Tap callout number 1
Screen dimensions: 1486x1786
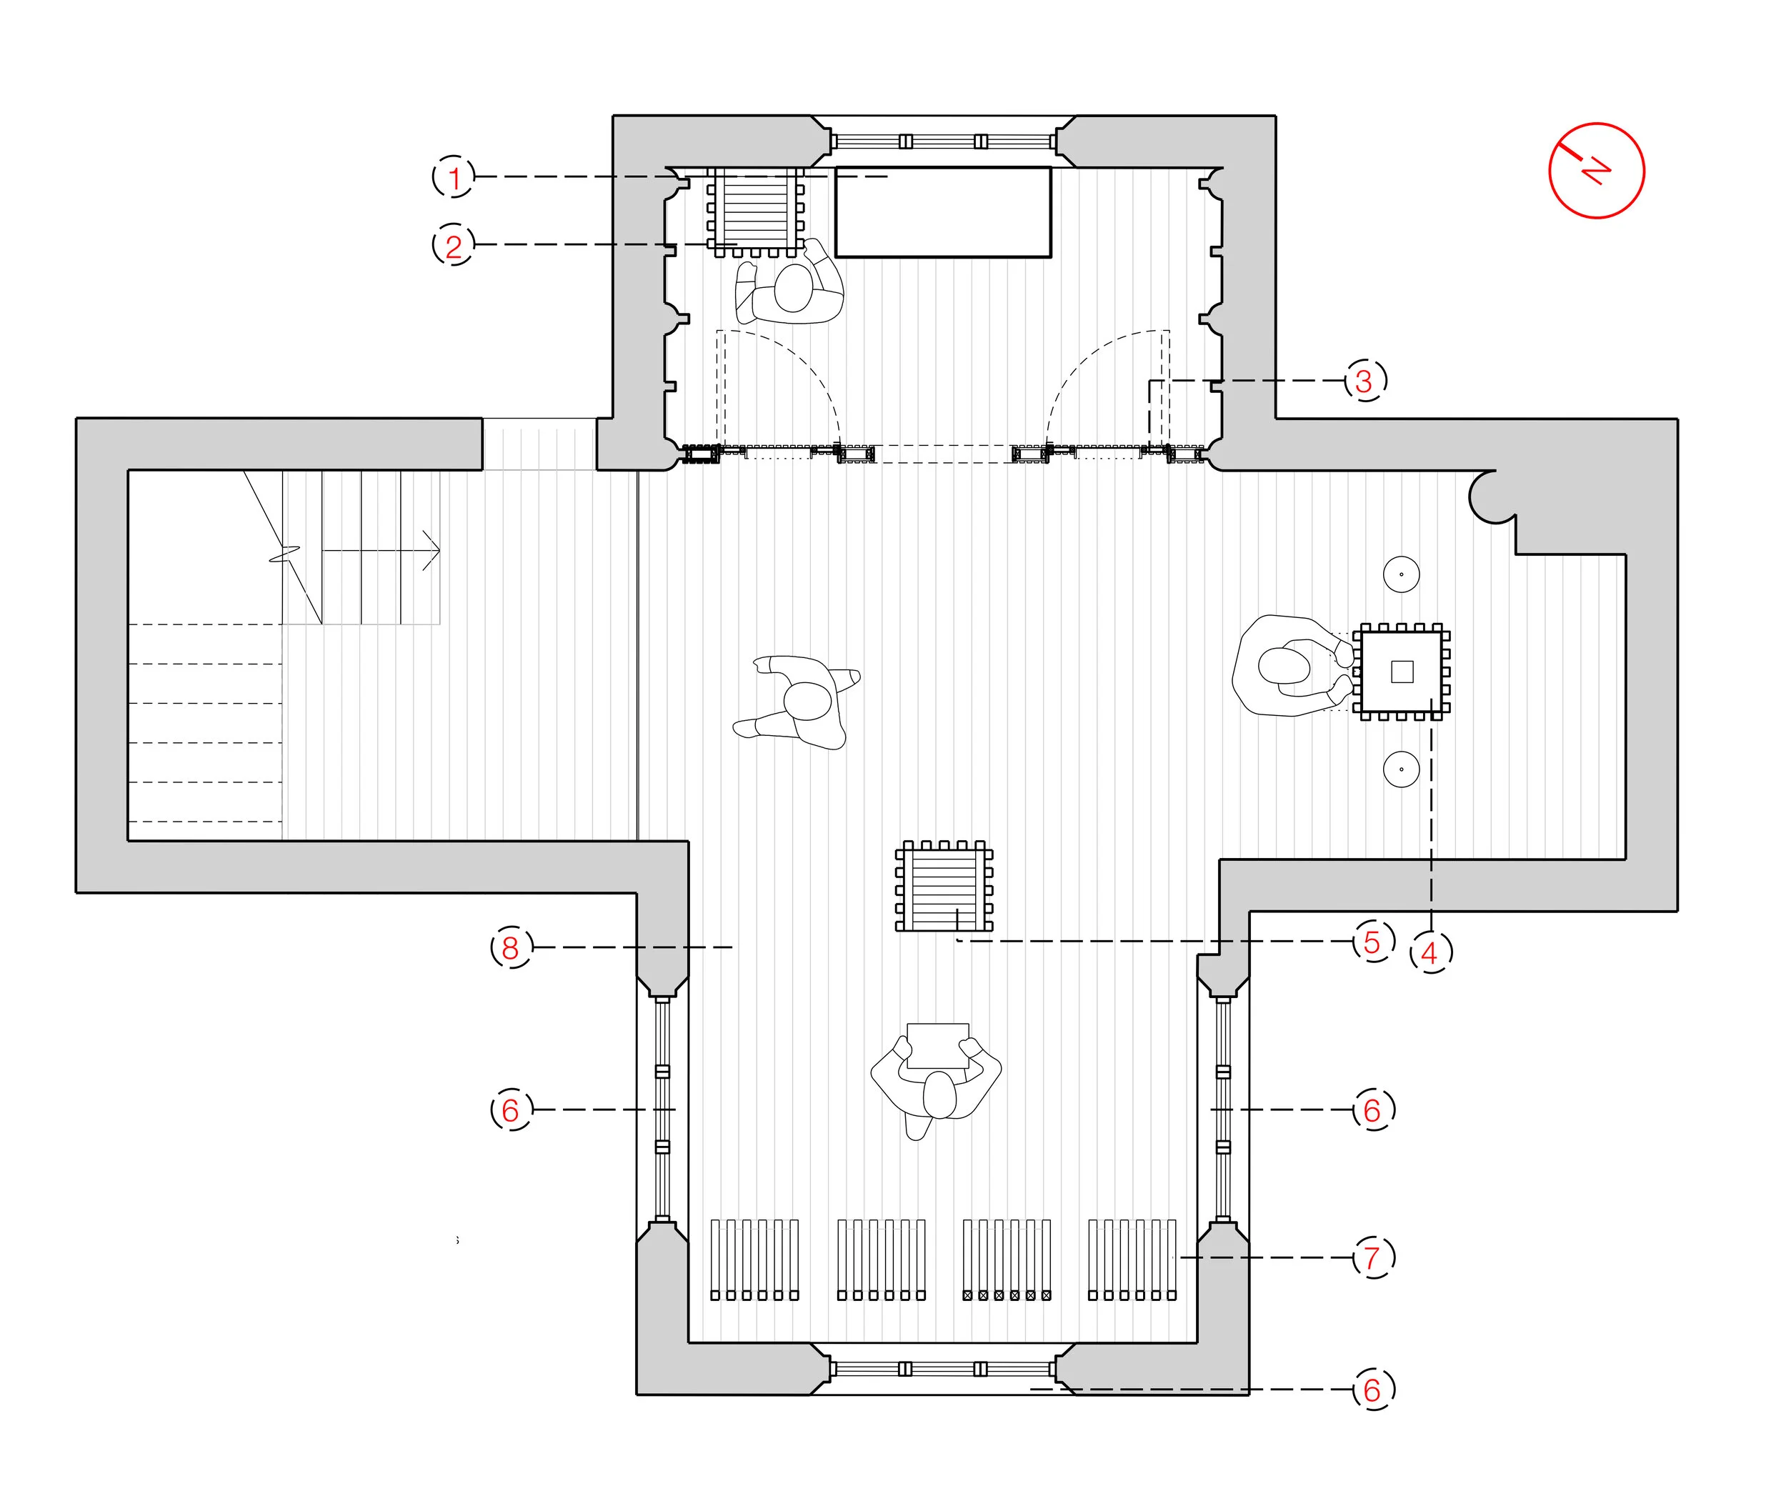pyautogui.click(x=454, y=177)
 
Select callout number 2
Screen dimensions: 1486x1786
pyautogui.click(x=454, y=245)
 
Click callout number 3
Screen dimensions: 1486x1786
pyautogui.click(x=1365, y=380)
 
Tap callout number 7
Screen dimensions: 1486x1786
pyautogui.click(x=1372, y=1257)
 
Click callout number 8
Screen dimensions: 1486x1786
pyautogui.click(x=510, y=947)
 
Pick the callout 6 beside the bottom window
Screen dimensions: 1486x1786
pyautogui.click(x=1372, y=1389)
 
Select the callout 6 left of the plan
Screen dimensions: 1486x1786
pyautogui.click(x=510, y=1109)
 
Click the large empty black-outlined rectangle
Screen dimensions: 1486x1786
pyautogui.click(x=942, y=211)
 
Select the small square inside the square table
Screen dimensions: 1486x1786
pyautogui.click(x=1402, y=671)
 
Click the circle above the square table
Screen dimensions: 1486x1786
pyautogui.click(x=1401, y=574)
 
